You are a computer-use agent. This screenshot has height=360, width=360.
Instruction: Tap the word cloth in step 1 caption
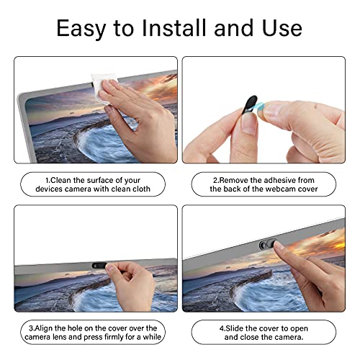point(140,189)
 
